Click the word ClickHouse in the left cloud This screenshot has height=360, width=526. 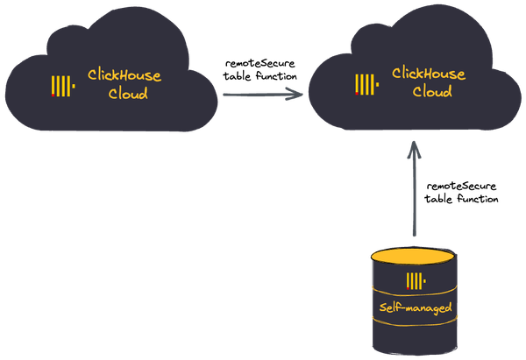tap(124, 76)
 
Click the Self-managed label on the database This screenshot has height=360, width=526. tap(416, 308)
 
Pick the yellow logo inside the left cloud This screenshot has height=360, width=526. tap(62, 86)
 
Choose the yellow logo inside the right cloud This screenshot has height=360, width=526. tap(366, 83)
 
